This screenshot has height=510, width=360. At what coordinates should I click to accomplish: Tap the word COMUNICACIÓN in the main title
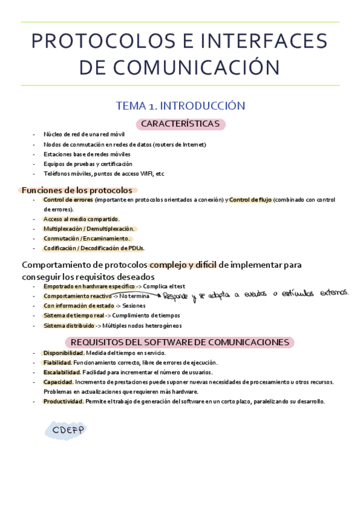201,67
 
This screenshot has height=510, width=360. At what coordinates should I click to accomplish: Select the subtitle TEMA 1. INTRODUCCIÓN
180,106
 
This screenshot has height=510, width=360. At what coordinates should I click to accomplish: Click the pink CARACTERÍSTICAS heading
180,124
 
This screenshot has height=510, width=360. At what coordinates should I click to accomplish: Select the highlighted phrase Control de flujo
250,200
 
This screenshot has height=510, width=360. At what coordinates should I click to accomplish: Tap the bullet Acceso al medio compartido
81,219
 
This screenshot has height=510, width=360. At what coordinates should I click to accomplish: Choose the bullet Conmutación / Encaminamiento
87,238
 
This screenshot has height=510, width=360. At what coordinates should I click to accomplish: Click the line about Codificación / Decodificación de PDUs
94,248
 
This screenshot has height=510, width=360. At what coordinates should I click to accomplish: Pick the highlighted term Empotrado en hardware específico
88,286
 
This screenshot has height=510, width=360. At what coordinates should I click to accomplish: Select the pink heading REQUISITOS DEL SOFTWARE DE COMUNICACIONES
186,342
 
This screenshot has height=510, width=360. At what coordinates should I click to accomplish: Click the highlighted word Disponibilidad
63,352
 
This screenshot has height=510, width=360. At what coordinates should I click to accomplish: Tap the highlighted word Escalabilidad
61,372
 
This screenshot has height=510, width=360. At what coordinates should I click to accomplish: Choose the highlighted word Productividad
63,401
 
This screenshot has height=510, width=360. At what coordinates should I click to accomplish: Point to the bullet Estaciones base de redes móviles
87,154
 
